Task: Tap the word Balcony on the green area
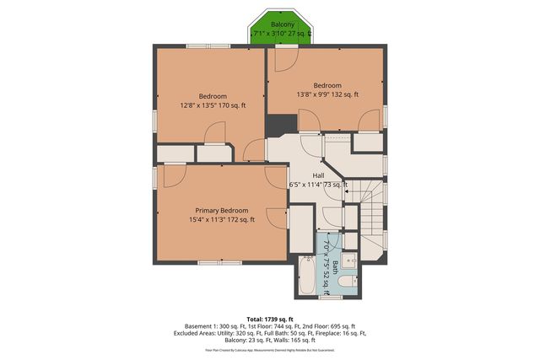(283, 24)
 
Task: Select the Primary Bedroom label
(222, 210)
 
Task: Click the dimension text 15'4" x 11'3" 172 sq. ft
(222, 220)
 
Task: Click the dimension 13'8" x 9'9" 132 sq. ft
(327, 95)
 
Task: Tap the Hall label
(318, 175)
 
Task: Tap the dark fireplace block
(277, 125)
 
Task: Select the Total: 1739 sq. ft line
(270, 317)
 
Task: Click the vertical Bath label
(335, 268)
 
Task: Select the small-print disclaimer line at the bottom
(270, 349)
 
